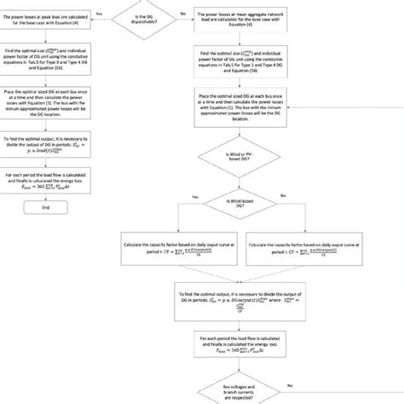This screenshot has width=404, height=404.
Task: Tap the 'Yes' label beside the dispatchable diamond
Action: click(x=100, y=14)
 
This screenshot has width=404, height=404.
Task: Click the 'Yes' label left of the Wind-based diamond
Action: click(x=194, y=197)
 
